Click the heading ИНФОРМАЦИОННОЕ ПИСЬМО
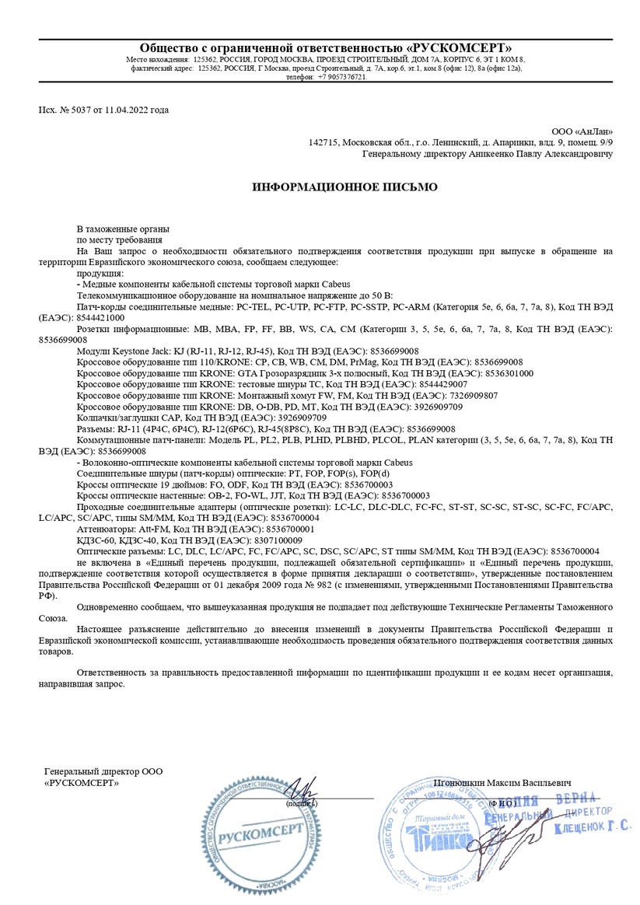click(344, 187)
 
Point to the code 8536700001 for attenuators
click(287, 529)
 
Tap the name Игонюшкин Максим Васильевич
click(503, 781)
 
